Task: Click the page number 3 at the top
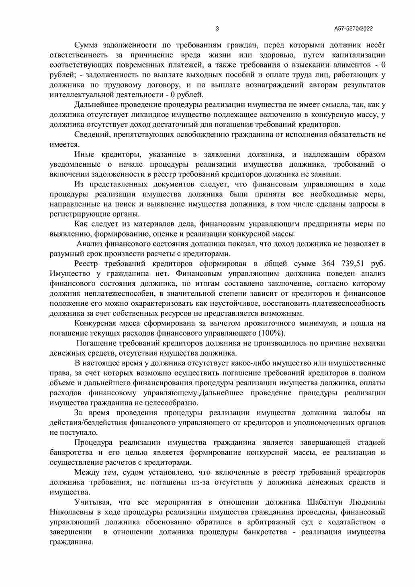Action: [217, 29]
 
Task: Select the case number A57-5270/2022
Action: [354, 29]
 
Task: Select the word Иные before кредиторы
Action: [83, 154]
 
